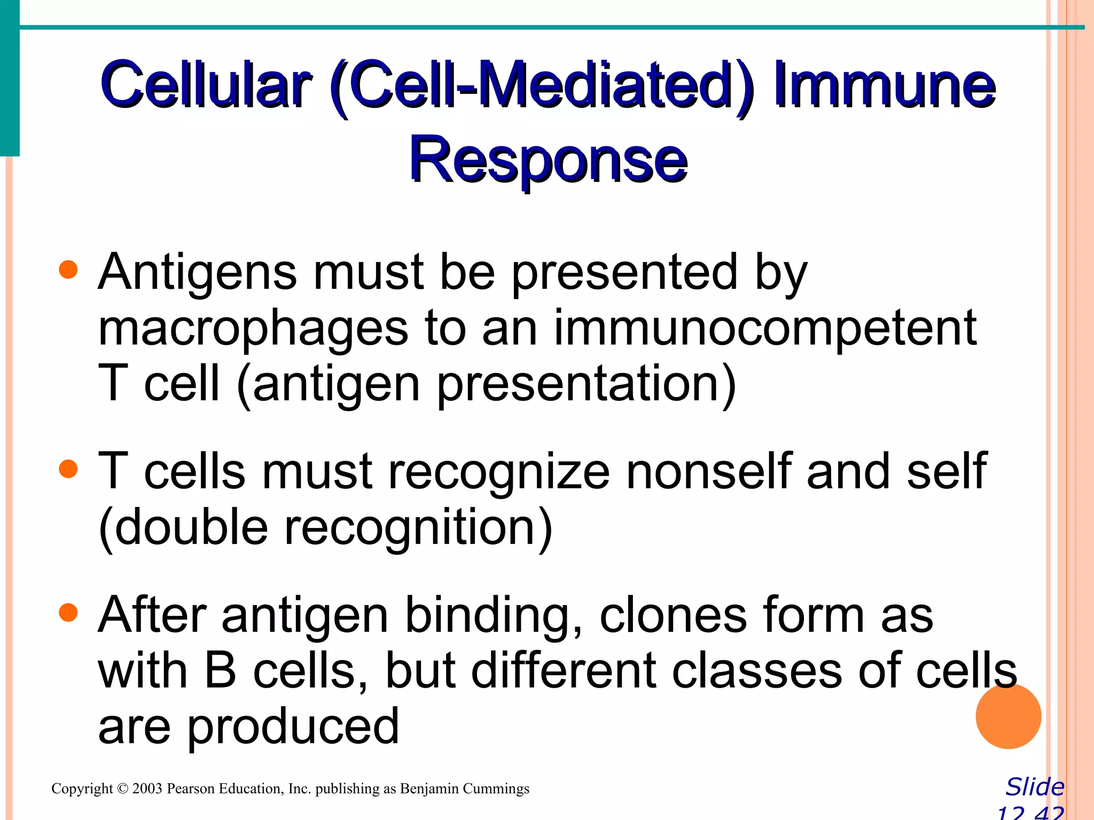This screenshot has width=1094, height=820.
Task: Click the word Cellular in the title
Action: coord(206,85)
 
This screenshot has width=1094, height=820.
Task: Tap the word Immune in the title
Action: coord(884,85)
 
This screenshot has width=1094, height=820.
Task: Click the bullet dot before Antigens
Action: coord(68,270)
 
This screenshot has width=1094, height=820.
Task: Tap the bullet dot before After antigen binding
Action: coord(68,612)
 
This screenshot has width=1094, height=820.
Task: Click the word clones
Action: coord(673,615)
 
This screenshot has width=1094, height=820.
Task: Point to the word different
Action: coord(564,671)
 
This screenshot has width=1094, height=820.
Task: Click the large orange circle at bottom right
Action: coord(1008,716)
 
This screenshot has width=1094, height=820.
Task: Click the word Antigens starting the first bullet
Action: coord(197,272)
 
